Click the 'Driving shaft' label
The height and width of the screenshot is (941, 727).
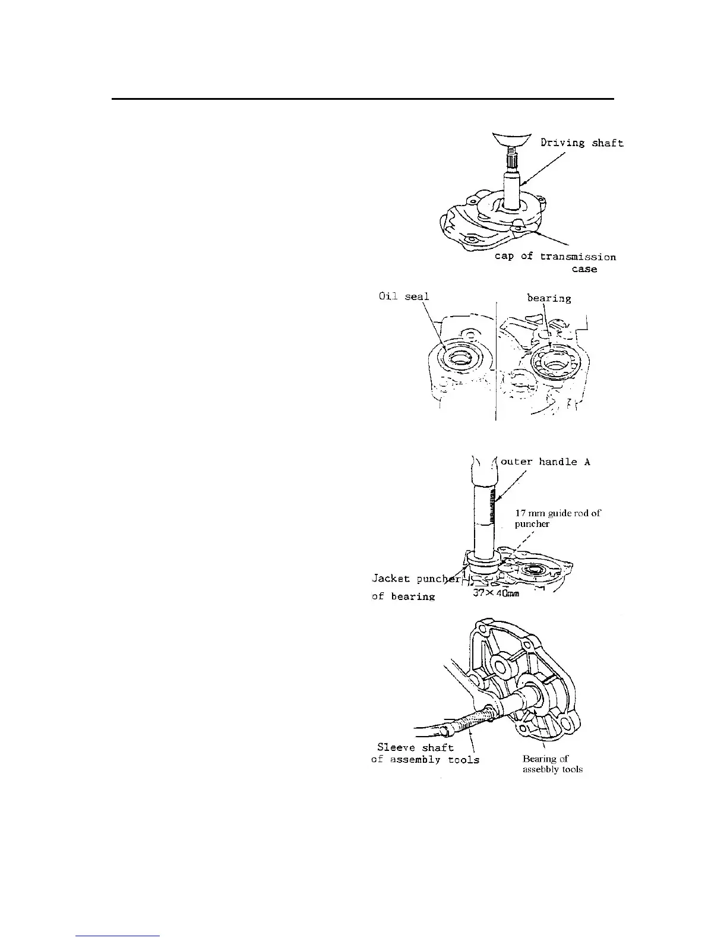[x=581, y=143]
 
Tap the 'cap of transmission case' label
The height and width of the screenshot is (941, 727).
[x=555, y=257]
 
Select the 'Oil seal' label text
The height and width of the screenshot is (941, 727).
[x=404, y=296]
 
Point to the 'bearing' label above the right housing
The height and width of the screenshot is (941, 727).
[x=549, y=298]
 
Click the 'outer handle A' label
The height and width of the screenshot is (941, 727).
[x=545, y=462]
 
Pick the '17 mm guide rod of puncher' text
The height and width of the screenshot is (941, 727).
[x=557, y=518]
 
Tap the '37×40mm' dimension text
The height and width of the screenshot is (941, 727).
[x=497, y=593]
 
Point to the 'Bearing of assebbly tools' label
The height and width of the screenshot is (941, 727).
[x=552, y=764]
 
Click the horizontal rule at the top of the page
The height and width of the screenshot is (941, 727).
[x=362, y=99]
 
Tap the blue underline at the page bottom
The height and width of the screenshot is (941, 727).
[x=118, y=936]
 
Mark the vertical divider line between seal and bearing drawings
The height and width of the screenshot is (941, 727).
[x=496, y=362]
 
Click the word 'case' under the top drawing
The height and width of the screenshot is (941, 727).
[x=584, y=269]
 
